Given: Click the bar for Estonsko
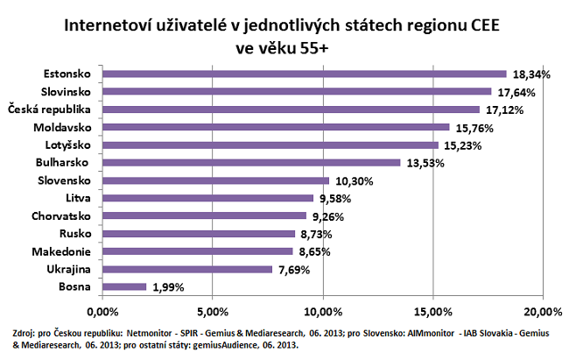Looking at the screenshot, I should click(305, 74).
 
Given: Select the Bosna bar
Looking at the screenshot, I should click(124, 286).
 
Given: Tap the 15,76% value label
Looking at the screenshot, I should click(474, 128).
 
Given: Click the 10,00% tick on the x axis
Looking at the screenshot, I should click(323, 312).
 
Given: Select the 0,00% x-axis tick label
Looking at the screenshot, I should click(103, 312).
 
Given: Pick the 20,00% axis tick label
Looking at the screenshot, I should click(543, 312).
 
